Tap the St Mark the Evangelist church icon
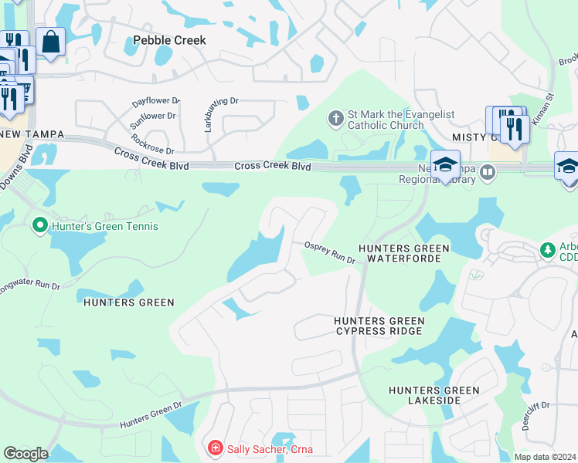[335, 118]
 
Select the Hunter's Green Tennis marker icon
[39, 226]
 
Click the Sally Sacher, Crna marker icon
[214, 448]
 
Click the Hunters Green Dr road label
[151, 414]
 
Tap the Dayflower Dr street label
[155, 101]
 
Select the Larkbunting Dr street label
[209, 113]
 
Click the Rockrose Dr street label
[154, 144]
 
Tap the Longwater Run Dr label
[32, 286]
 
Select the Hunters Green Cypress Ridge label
[379, 326]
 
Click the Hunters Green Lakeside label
[433, 395]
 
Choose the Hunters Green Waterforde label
[403, 253]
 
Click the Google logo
[25, 454]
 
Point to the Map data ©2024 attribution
[544, 456]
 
